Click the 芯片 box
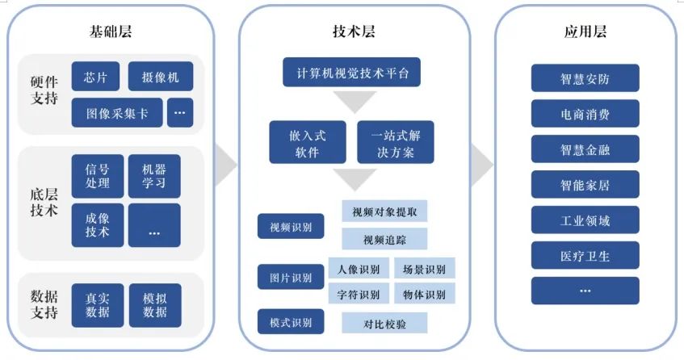pyautogui.click(x=95, y=77)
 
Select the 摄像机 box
pyautogui.click(x=161, y=77)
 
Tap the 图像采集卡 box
pyautogui.click(x=117, y=113)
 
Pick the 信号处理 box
pyautogui.click(x=97, y=176)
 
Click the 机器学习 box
pyautogui.click(x=154, y=176)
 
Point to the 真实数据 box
pyautogui.click(x=97, y=305)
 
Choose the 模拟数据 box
pyautogui.click(x=155, y=305)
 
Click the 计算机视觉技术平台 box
pyautogui.click(x=351, y=73)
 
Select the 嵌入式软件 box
pyautogui.click(x=308, y=143)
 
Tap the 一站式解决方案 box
pyautogui.click(x=396, y=143)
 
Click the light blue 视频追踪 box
pyautogui.click(x=384, y=239)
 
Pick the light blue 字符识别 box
pyautogui.click(x=359, y=294)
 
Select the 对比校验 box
pyautogui.click(x=384, y=324)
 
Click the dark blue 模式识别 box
pyautogui.click(x=291, y=322)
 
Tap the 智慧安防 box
pyautogui.click(x=585, y=78)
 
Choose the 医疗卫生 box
pyautogui.click(x=585, y=255)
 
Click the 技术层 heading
pyautogui.click(x=354, y=31)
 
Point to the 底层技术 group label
pyautogui.click(x=44, y=203)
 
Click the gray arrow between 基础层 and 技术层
pyautogui.click(x=225, y=165)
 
